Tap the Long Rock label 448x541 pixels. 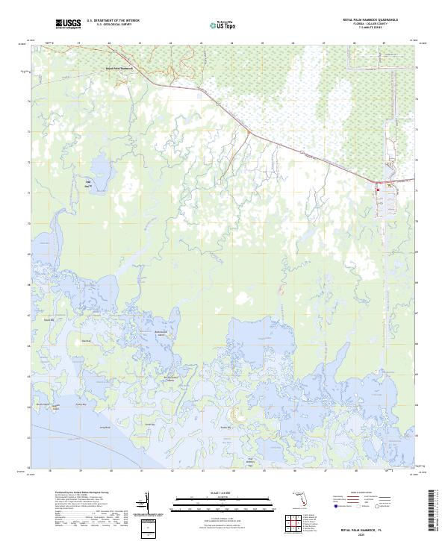click(x=105, y=428)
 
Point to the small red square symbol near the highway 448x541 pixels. click(x=379, y=190)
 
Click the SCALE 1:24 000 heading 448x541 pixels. click(x=222, y=492)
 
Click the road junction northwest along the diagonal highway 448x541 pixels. click(x=248, y=132)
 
